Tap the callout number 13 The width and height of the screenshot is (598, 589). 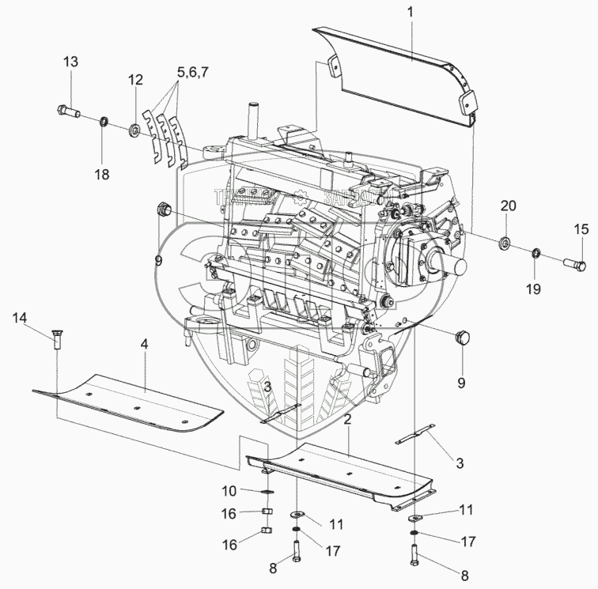[x=71, y=62]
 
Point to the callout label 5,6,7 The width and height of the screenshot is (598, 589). [x=195, y=71]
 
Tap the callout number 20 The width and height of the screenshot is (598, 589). [x=507, y=206]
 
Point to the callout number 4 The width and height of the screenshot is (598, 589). [x=145, y=345]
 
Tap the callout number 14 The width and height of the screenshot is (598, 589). [x=20, y=318]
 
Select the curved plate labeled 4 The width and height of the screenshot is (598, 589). [x=127, y=399]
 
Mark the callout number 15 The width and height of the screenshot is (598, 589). [x=581, y=229]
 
